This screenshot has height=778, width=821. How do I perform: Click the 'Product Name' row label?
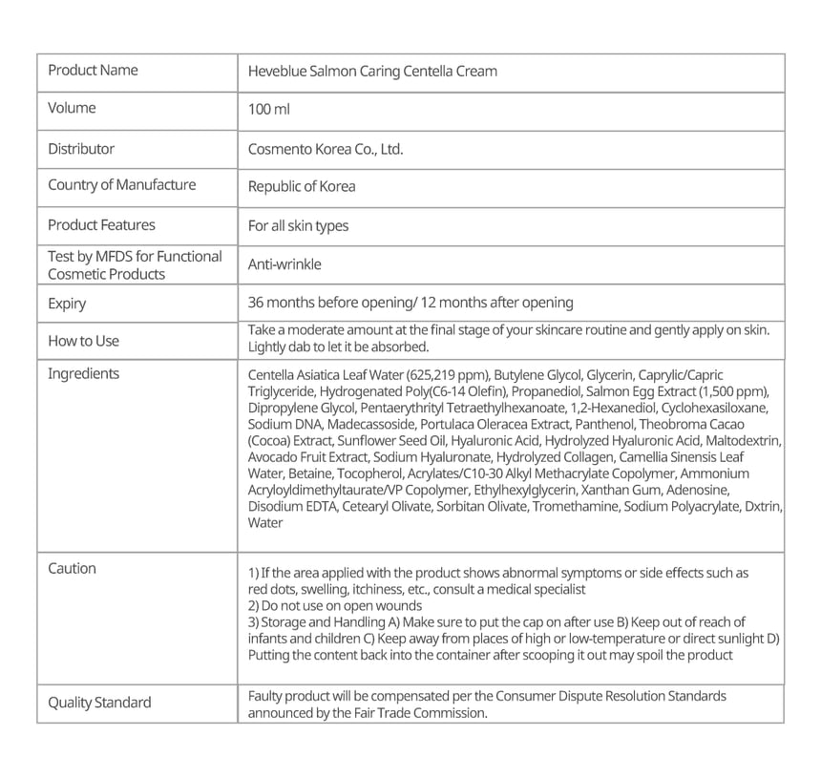pyautogui.click(x=93, y=70)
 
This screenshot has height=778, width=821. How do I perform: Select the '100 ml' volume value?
pyautogui.click(x=268, y=110)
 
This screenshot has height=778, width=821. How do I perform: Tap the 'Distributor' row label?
pyautogui.click(x=81, y=149)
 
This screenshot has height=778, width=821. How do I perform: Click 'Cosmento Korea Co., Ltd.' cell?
pyautogui.click(x=326, y=149)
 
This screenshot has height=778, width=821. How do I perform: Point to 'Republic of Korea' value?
pyautogui.click(x=302, y=186)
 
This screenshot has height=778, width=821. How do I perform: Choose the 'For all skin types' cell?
pyautogui.click(x=298, y=226)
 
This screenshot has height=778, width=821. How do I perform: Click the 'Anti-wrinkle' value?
pyautogui.click(x=284, y=264)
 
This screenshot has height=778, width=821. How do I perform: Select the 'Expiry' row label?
pyautogui.click(x=67, y=304)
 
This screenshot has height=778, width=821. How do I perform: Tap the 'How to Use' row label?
pyautogui.click(x=84, y=341)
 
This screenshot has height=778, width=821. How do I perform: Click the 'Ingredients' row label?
pyautogui.click(x=84, y=373)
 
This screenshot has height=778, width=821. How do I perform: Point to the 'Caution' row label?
pyautogui.click(x=73, y=568)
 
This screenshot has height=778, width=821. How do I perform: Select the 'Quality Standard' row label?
pyautogui.click(x=99, y=703)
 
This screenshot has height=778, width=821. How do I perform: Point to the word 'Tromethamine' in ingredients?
pyautogui.click(x=576, y=506)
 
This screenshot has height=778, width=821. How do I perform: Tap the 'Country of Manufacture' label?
pyautogui.click(x=122, y=184)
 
